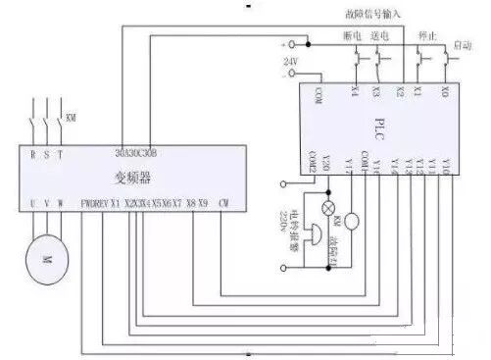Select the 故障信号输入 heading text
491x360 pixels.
[368, 13]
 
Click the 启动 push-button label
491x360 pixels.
[465, 46]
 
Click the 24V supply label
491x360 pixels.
[289, 62]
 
